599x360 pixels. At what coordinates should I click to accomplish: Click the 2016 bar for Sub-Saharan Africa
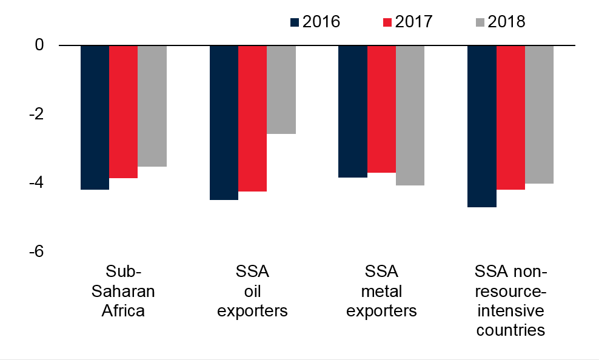[95, 118]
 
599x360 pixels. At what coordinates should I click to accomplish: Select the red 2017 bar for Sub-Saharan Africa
[123, 112]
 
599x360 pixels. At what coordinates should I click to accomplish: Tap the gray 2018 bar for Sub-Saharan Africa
[152, 106]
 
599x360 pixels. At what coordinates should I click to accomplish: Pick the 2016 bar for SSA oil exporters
[224, 122]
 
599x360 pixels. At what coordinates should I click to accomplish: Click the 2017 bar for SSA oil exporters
[252, 118]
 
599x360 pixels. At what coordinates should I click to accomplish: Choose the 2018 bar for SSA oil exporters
[281, 90]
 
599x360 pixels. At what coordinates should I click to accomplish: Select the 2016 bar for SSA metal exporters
[353, 112]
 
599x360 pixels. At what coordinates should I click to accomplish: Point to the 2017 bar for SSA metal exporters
[381, 109]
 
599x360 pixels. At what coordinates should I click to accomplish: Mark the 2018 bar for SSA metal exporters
[410, 115]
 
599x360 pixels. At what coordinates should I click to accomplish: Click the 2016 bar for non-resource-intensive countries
[482, 126]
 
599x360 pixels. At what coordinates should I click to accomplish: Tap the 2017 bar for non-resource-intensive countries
[510, 118]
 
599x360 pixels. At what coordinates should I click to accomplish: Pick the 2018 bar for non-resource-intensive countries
[539, 115]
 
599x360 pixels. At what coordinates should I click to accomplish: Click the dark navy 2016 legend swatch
[295, 22]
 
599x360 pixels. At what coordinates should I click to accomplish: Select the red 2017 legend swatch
[387, 22]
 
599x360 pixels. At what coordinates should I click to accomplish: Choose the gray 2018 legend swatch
[481, 22]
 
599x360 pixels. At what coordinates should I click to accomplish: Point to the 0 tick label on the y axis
[39, 45]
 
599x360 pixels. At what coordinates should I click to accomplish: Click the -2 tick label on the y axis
[36, 114]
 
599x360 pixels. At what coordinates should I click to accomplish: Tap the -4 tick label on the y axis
[36, 182]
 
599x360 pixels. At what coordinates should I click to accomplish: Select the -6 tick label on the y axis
[36, 251]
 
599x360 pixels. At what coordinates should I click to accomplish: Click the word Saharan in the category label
[123, 291]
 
